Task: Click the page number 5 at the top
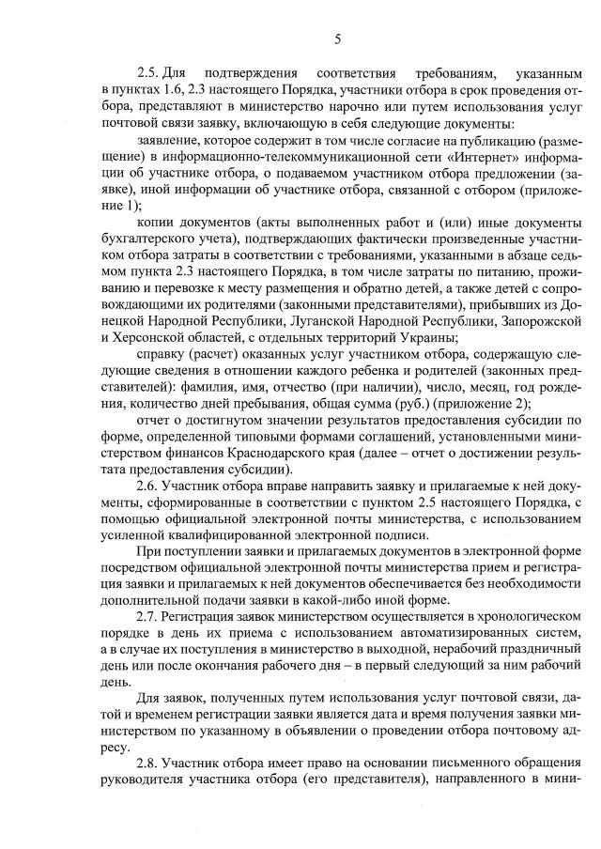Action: coord(336,39)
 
